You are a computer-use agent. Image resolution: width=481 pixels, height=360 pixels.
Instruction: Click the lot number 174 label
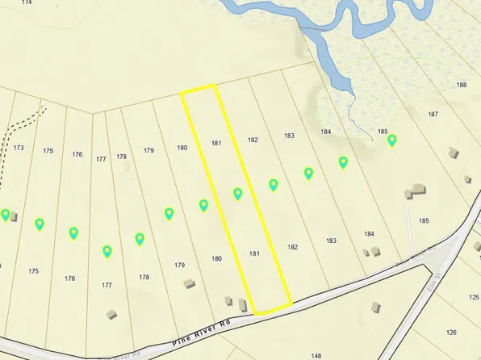click(28, 3)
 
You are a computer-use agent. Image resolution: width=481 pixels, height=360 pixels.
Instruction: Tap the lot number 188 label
click(462, 85)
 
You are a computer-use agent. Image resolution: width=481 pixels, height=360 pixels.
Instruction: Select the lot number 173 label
click(19, 148)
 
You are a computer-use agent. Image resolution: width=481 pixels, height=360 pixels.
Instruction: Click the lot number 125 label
click(474, 298)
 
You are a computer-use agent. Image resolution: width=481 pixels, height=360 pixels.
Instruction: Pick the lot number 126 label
click(451, 332)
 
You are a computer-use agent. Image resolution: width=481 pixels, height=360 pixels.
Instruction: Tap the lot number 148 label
click(316, 355)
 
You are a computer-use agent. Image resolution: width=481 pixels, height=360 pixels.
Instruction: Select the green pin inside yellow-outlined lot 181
click(238, 194)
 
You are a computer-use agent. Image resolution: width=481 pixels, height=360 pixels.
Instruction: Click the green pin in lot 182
click(274, 185)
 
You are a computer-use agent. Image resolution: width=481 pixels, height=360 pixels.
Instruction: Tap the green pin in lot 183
click(308, 173)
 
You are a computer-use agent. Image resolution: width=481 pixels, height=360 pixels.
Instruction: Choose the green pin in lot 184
click(343, 162)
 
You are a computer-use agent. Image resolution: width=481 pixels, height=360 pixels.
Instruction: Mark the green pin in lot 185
click(392, 140)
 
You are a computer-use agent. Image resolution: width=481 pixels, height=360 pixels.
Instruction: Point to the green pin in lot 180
click(204, 205)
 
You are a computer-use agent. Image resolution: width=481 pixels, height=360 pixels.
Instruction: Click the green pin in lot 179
click(169, 214)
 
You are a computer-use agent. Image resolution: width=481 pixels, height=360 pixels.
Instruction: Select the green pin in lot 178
click(140, 239)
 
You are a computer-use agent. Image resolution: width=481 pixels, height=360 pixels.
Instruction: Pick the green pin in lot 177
click(107, 251)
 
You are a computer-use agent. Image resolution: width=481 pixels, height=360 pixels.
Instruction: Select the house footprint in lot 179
click(189, 283)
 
